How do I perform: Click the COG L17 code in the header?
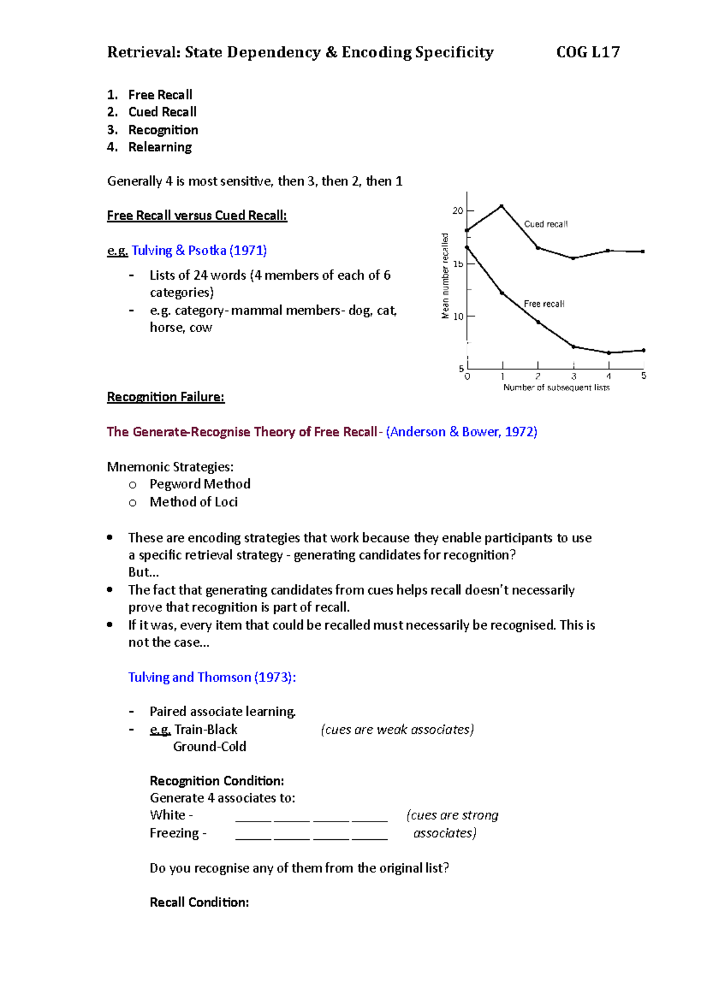[x=587, y=52]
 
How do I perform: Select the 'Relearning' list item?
[x=160, y=147]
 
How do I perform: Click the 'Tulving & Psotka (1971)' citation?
[x=199, y=250]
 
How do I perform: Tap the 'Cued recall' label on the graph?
[x=546, y=224]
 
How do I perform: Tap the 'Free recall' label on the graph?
[x=544, y=304]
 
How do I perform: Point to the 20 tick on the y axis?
[x=458, y=211]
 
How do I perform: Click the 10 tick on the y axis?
[x=458, y=317]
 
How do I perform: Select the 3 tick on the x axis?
[x=573, y=376]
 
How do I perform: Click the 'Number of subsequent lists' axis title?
[x=556, y=388]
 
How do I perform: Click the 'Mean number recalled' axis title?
[x=445, y=276]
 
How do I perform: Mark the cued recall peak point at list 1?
[x=502, y=206]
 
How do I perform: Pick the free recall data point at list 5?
[x=643, y=350]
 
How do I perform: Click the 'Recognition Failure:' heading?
[x=166, y=397]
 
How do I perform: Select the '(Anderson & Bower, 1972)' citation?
[x=461, y=432]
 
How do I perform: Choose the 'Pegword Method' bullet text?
[x=200, y=484]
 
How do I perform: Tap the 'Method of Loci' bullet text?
[x=193, y=502]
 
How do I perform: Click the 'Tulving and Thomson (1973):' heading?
[x=212, y=677]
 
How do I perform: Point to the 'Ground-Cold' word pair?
[x=209, y=747]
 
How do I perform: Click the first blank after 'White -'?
[x=253, y=817]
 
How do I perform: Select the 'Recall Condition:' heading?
[x=199, y=902]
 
